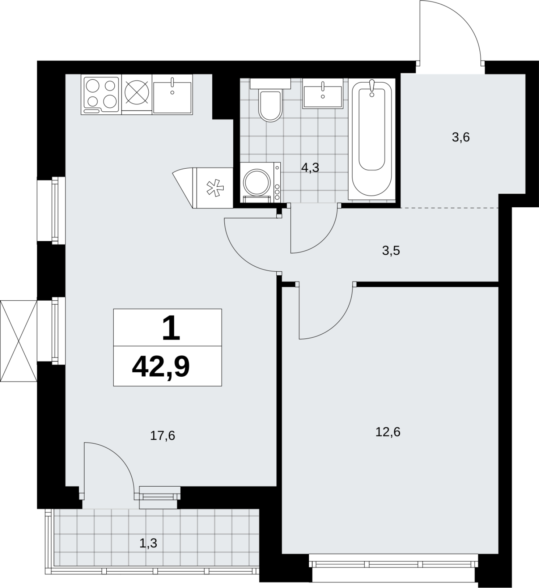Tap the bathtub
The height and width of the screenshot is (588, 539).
point(372,139)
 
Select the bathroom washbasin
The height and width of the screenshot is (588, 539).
point(323,93)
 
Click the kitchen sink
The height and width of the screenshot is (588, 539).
point(173,95)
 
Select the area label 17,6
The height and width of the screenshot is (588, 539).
point(163,435)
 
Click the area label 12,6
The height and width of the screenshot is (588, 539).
point(388,432)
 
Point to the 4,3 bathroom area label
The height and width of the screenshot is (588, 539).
point(310,168)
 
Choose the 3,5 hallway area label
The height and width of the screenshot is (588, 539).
point(391,251)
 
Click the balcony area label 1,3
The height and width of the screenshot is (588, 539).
point(148,543)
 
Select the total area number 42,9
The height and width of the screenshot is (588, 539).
point(161,367)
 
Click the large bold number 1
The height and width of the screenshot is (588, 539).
point(171,328)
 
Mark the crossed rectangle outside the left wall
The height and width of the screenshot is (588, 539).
point(19,341)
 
